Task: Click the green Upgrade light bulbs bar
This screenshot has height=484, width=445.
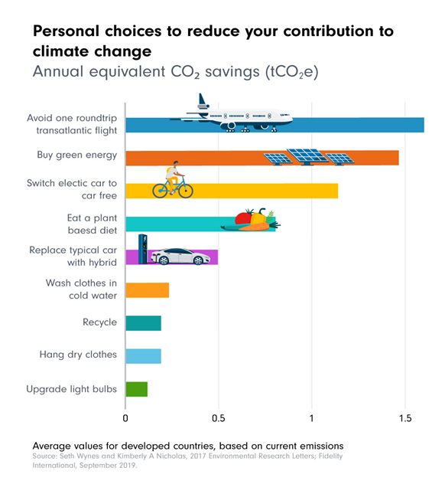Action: click(137, 389)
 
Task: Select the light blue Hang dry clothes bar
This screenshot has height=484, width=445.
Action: click(143, 356)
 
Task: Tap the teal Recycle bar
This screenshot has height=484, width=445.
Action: click(143, 323)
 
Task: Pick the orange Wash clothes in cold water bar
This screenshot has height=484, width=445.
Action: click(148, 290)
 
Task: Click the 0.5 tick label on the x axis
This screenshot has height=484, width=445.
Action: click(219, 418)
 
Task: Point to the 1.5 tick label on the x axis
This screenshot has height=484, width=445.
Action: click(405, 418)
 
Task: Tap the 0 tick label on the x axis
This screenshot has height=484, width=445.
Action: click(125, 418)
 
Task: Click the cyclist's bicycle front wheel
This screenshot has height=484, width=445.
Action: click(186, 191)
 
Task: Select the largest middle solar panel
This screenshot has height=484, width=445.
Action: click(308, 156)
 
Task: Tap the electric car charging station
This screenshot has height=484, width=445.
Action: click(143, 249)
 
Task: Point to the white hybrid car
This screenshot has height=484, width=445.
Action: click(180, 257)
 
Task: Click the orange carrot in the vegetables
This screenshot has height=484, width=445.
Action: click(255, 227)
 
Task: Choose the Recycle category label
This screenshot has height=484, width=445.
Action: click(100, 322)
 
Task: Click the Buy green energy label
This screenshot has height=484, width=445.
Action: click(77, 155)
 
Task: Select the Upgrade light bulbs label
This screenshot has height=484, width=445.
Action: click(72, 389)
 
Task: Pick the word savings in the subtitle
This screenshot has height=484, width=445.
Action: click(232, 72)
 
